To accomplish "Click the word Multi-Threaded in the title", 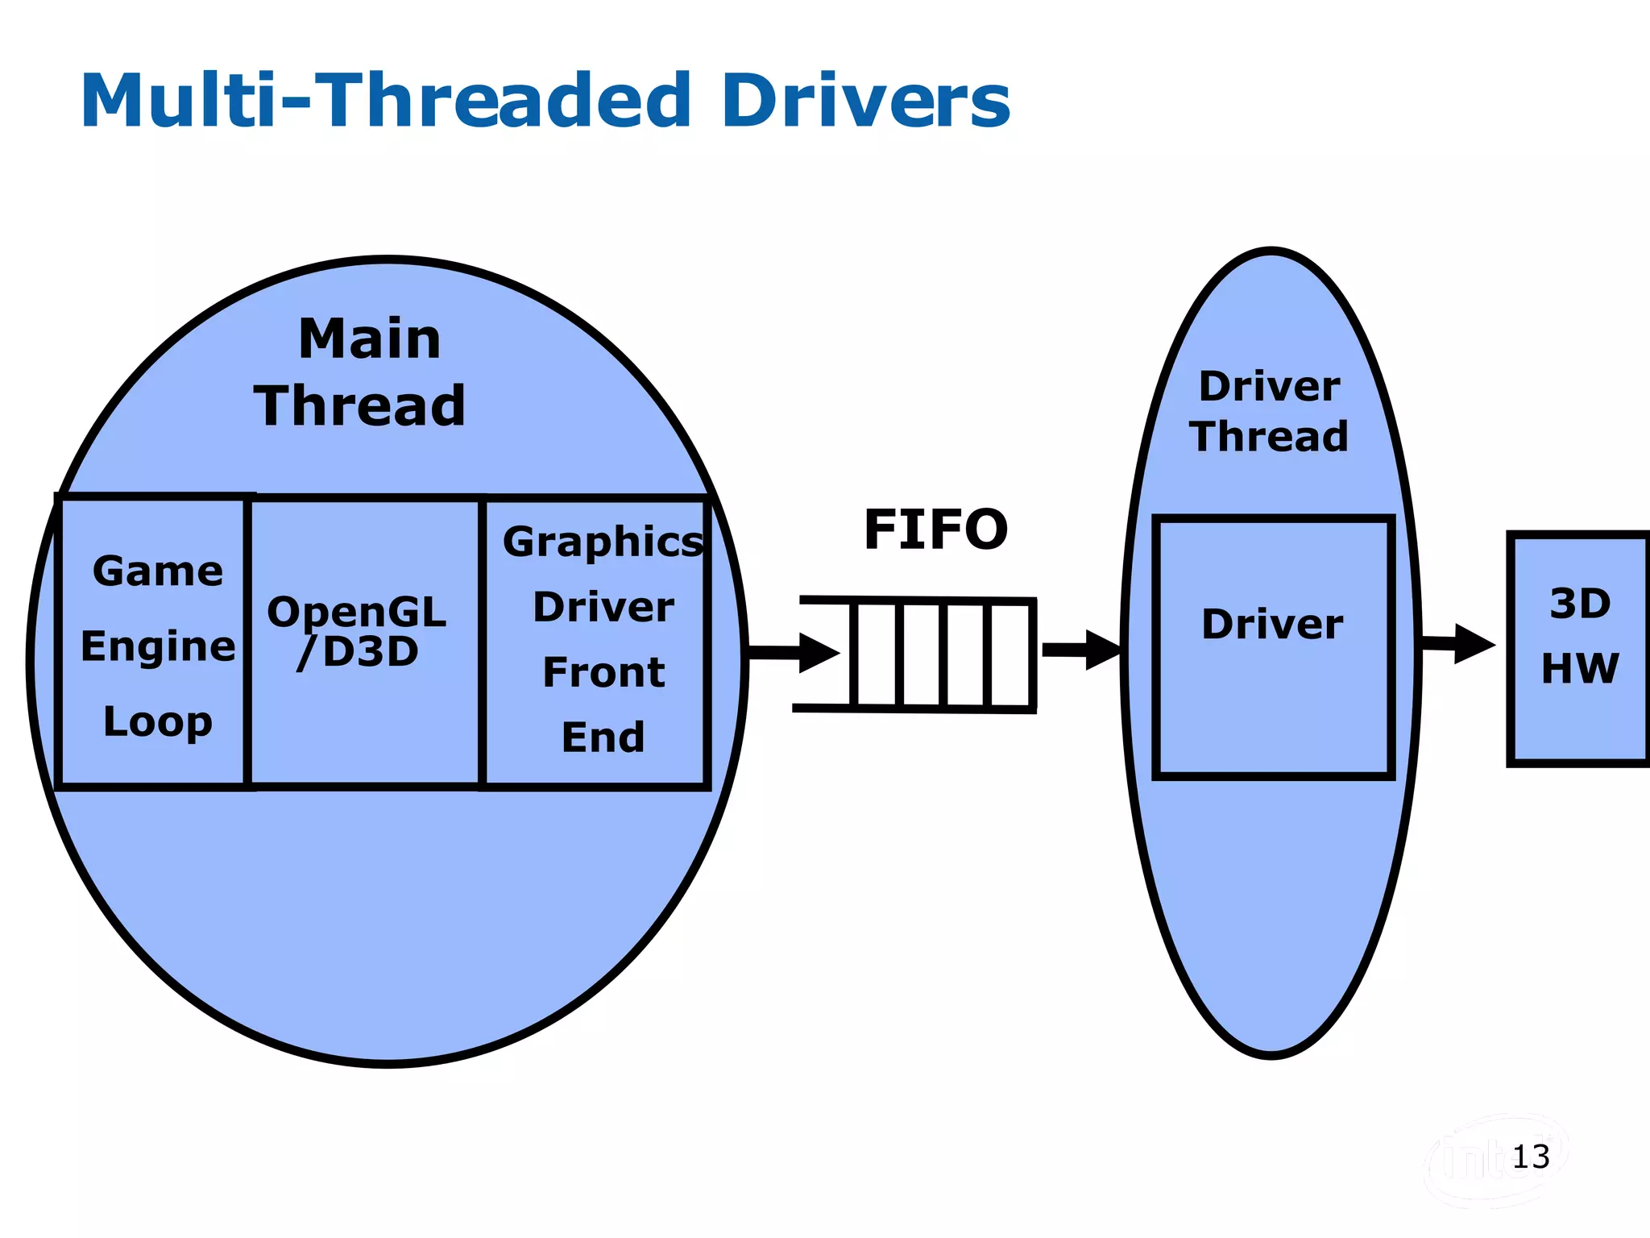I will (385, 101).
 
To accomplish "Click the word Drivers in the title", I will (865, 101).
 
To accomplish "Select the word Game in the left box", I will (158, 572).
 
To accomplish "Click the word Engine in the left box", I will (158, 647).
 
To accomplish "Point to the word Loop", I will (158, 722).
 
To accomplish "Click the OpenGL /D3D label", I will (357, 632).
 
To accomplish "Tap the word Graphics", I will (603, 542).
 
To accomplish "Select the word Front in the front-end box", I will (603, 672).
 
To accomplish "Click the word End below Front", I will (603, 737).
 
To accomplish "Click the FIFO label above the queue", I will (935, 530).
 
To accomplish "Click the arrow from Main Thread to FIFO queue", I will (794, 652).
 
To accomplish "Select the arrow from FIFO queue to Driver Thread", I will (1081, 650).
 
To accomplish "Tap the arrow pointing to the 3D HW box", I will (1458, 643).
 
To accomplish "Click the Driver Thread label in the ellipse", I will (1270, 412).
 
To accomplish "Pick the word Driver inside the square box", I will (1272, 625).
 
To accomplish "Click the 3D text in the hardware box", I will (1580, 604).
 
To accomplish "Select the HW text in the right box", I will (1580, 668).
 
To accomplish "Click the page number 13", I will (1531, 1157).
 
